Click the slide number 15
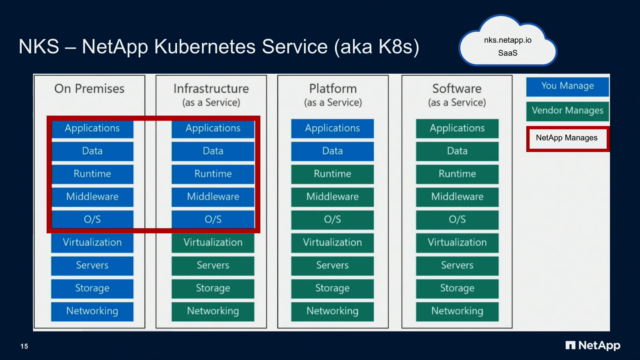point(24,346)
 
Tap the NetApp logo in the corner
point(593,345)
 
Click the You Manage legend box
point(567,86)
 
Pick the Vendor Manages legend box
point(567,111)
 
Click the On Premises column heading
point(89,89)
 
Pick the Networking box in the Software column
point(457,311)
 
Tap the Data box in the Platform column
point(332,151)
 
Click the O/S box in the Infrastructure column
point(213,219)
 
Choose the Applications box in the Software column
point(457,128)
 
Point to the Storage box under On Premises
point(92,288)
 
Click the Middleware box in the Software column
point(457,197)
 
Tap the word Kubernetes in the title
point(205,47)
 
